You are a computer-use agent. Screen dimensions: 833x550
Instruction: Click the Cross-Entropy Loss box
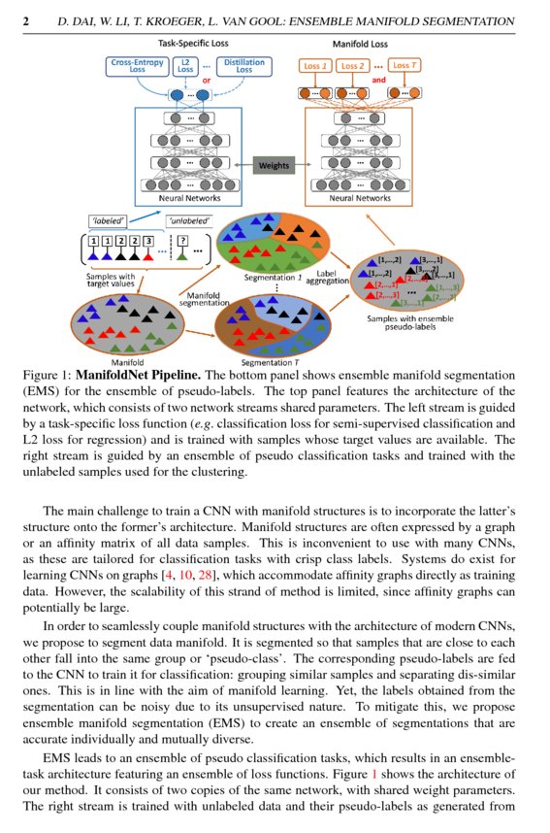point(136,66)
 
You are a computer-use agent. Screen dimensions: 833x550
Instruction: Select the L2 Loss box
point(184,66)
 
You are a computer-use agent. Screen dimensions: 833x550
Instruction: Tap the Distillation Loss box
point(243,66)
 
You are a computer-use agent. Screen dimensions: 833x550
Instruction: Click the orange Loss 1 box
point(313,65)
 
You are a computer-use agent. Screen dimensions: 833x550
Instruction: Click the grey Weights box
point(274,165)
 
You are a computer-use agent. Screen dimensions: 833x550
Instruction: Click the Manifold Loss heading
point(361,44)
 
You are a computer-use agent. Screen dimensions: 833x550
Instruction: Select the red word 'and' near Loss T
point(379,80)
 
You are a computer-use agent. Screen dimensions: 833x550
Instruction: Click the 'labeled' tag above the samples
point(103,221)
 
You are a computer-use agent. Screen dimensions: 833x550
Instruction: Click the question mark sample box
point(179,242)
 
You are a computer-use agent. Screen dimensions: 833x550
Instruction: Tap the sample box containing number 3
point(148,242)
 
